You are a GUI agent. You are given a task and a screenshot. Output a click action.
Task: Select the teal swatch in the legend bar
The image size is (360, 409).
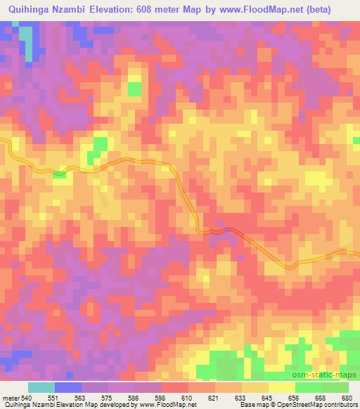41,387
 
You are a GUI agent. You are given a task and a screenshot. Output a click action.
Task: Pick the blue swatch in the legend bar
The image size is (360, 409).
68,387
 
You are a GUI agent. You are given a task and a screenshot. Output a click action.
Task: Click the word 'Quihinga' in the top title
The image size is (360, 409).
29,10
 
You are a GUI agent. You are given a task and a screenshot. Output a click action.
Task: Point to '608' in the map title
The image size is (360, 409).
148,10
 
